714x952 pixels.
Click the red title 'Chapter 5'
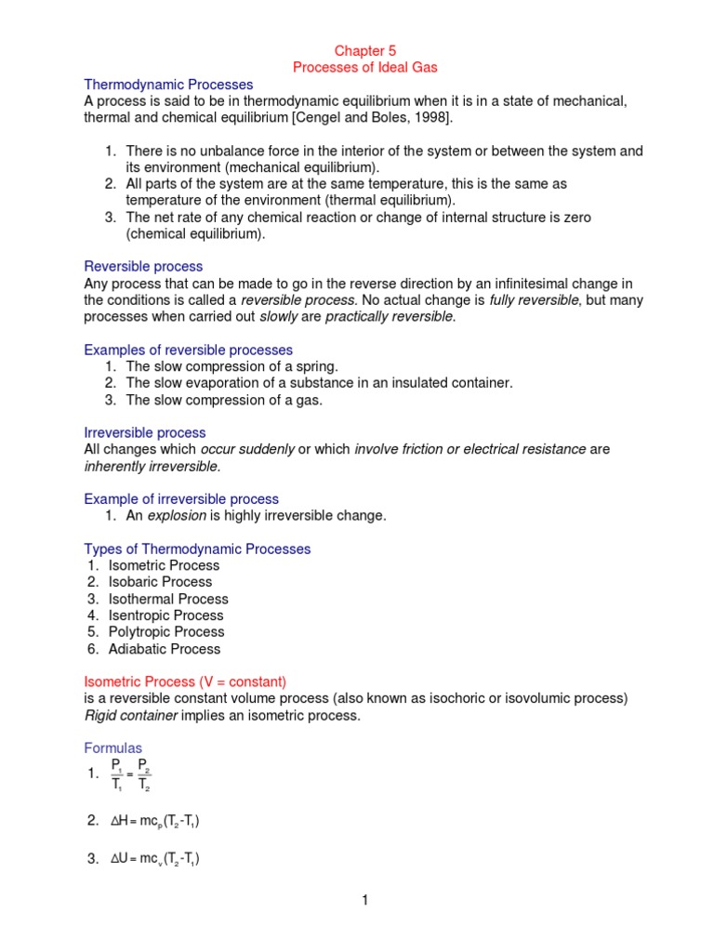pyautogui.click(x=364, y=51)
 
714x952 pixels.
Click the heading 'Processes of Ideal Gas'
pyautogui.click(x=364, y=68)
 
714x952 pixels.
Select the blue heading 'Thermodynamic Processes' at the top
pyautogui.click(x=168, y=85)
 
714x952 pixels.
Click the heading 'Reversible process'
pyautogui.click(x=143, y=267)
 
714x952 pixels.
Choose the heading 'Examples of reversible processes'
pyautogui.click(x=188, y=350)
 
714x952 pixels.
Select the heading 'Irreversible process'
pyautogui.click(x=145, y=432)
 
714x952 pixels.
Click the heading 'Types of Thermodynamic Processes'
pyautogui.click(x=197, y=549)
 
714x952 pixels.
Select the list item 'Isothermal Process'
pyautogui.click(x=167, y=599)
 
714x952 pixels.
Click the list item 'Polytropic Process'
pyautogui.click(x=166, y=632)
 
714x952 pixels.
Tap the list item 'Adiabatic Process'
pyautogui.click(x=165, y=649)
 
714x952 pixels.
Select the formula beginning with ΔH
pyautogui.click(x=154, y=820)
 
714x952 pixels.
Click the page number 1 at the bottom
pyautogui.click(x=365, y=901)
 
